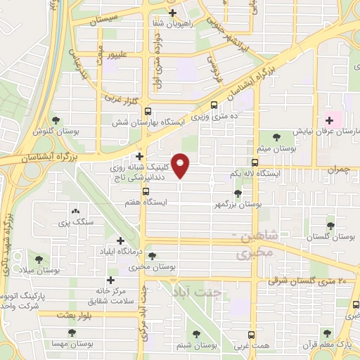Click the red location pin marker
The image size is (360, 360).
click(x=181, y=165)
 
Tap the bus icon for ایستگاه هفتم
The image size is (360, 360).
click(x=146, y=191)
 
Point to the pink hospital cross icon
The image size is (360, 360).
click(x=328, y=120)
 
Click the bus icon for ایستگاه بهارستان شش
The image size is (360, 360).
click(x=148, y=111)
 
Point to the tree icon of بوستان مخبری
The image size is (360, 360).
click(x=152, y=256)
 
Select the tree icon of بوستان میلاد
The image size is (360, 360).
click(x=39, y=259)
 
